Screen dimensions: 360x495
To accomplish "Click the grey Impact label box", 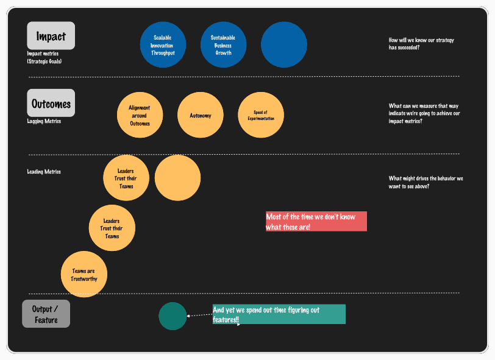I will coord(51,35).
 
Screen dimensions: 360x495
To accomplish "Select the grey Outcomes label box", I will coord(51,103).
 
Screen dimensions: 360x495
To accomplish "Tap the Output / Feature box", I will coord(46,314).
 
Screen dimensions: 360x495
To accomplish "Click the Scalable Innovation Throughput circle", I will coord(163,45).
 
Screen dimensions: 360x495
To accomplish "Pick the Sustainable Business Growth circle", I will coord(223,45).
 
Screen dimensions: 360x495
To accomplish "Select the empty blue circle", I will coord(283,45).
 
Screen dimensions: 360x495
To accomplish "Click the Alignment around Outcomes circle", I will coord(140,115).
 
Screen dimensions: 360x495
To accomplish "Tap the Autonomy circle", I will coord(200,115).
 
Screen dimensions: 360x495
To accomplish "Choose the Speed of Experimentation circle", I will coord(260,115).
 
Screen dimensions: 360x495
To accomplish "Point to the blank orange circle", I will coord(177,178).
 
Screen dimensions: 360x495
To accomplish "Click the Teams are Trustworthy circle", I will coord(84,275).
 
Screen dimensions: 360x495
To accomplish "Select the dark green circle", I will coord(173,316).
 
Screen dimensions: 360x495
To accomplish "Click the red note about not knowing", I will coord(316,221).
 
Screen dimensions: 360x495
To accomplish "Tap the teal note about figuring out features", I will coord(279,314).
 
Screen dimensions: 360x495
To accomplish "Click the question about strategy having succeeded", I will coord(421,43).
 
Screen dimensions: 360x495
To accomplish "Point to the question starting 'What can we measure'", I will coord(424,113).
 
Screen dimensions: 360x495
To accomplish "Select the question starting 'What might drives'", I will coord(426,182).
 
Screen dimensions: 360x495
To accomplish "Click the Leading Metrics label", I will coord(44,172).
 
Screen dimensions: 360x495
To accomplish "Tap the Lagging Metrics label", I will coord(44,121).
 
